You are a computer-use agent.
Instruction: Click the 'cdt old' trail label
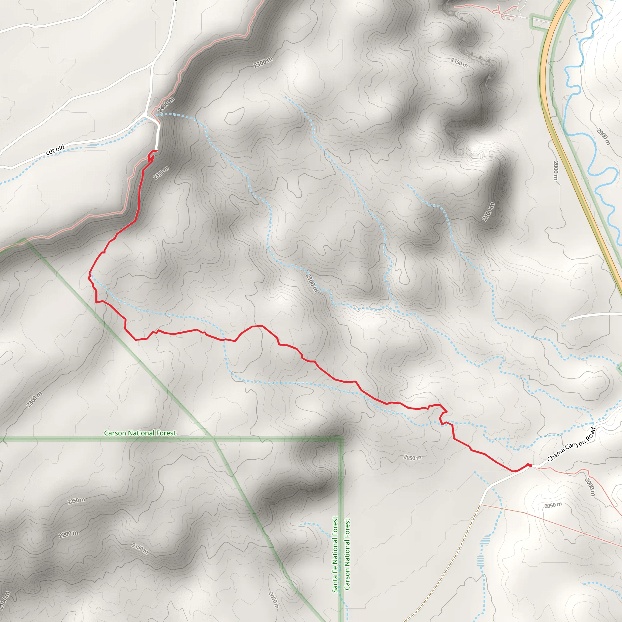click(55, 150)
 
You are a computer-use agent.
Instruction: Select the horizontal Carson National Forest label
click(140, 433)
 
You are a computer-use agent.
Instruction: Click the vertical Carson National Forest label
click(347, 554)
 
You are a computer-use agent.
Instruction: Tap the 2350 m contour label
click(161, 173)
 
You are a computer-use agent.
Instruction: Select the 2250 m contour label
click(76, 501)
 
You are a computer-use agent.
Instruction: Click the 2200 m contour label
click(68, 534)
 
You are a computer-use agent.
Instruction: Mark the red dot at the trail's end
click(530, 466)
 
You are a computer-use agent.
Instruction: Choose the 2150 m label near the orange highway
click(459, 63)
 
